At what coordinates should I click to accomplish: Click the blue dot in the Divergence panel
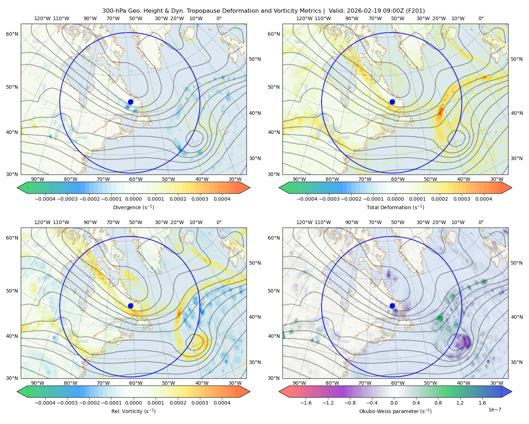pyautogui.click(x=130, y=102)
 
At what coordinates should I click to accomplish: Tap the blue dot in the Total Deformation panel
pyautogui.click(x=392, y=102)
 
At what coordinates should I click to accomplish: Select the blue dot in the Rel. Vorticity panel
pyautogui.click(x=130, y=306)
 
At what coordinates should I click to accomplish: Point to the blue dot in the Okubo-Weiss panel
pyautogui.click(x=392, y=306)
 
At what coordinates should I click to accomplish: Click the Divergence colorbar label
pyautogui.click(x=133, y=207)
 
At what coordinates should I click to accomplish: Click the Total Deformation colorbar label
pyautogui.click(x=395, y=207)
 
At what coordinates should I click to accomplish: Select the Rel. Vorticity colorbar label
pyautogui.click(x=133, y=411)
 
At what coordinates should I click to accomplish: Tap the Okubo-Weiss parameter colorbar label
pyautogui.click(x=395, y=411)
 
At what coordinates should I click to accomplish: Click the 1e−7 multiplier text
pyautogui.click(x=494, y=410)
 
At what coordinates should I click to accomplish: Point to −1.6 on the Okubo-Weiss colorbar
pyautogui.click(x=306, y=403)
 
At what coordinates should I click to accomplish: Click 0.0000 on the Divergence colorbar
pyautogui.click(x=133, y=199)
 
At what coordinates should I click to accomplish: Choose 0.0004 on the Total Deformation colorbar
pyautogui.click(x=484, y=199)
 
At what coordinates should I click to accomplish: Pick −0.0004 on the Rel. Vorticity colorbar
pyautogui.click(x=45, y=403)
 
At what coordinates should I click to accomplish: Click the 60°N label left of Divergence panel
pyautogui.click(x=12, y=34)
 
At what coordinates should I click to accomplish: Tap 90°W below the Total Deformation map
pyautogui.click(x=299, y=179)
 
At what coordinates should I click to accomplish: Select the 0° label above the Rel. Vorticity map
pyautogui.click(x=219, y=222)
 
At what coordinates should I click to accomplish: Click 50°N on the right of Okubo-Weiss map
pyautogui.click(x=517, y=263)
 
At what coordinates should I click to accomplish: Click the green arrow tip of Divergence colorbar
pyautogui.click(x=17, y=188)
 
